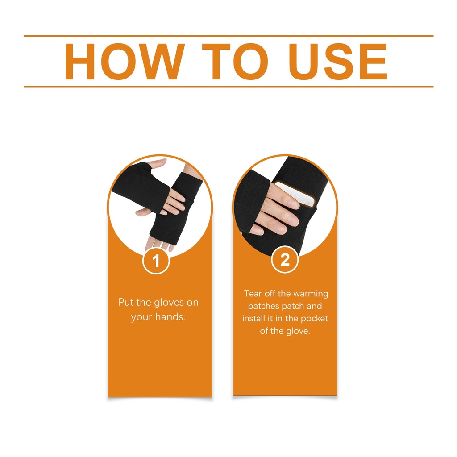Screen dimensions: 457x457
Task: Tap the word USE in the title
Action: [338, 62]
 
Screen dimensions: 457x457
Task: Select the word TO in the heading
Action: [235, 62]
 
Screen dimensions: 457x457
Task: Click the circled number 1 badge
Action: [156, 260]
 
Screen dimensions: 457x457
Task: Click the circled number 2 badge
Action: [285, 259]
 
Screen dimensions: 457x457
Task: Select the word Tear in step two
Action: [253, 294]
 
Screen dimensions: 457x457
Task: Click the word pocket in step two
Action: [314, 319]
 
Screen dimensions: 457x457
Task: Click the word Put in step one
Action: [126, 302]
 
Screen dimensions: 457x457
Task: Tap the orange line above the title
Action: [228, 36]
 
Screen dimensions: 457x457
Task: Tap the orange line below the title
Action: [228, 87]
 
